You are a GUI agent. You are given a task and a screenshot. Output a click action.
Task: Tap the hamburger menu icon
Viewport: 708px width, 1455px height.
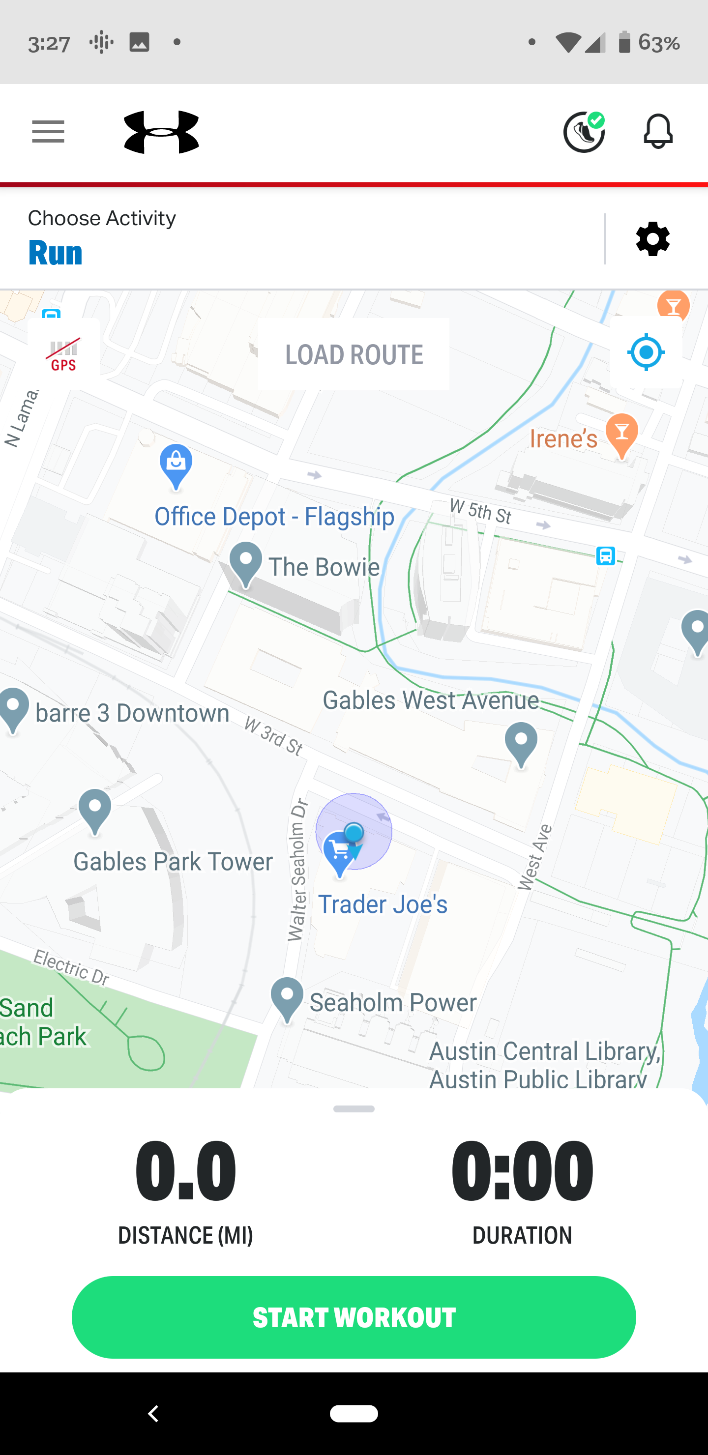tap(48, 132)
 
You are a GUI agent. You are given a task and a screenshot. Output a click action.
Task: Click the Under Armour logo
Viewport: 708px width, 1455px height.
tap(162, 132)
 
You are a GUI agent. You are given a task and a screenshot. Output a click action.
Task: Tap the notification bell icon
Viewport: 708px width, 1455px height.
tap(658, 132)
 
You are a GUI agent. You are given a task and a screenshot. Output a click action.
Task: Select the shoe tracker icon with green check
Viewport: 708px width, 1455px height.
tap(584, 132)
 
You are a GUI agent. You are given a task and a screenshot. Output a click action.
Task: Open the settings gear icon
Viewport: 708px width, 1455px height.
tap(652, 239)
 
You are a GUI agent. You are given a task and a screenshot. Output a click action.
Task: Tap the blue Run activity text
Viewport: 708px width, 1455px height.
tap(56, 253)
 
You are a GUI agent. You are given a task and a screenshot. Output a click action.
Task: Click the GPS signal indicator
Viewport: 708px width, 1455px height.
tap(63, 354)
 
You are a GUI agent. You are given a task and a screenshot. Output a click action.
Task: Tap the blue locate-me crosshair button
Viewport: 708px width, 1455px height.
tap(646, 352)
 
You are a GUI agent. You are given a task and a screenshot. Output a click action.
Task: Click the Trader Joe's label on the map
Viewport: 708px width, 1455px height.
tap(383, 905)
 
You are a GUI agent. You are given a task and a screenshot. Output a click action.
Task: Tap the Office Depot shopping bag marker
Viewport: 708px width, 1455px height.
tap(176, 466)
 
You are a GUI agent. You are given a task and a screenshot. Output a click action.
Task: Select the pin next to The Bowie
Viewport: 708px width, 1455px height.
tap(246, 564)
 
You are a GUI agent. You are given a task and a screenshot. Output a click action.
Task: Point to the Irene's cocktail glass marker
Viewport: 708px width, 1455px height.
tap(621, 436)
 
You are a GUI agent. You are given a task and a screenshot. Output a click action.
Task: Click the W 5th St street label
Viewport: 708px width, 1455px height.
tap(480, 511)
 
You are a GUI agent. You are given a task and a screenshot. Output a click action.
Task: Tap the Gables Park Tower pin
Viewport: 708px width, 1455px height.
tap(95, 811)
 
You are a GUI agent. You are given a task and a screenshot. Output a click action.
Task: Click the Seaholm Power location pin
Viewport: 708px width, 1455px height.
tap(287, 999)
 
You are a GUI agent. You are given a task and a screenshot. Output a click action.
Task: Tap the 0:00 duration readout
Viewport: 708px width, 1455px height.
tap(522, 1170)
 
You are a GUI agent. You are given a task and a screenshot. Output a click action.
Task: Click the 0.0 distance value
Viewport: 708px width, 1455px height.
tap(185, 1170)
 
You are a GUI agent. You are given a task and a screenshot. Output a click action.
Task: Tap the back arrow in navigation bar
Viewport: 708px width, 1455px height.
tap(153, 1413)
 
